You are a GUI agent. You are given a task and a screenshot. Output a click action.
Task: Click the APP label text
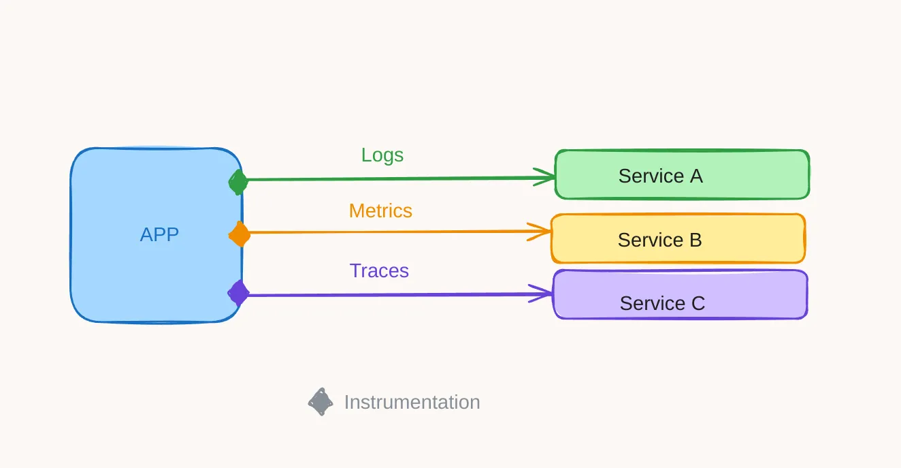point(159,234)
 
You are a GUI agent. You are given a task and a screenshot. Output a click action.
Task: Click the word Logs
point(382,155)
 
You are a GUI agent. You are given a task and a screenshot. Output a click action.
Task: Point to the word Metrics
point(380,211)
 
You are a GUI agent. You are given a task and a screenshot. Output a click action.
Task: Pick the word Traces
point(379,271)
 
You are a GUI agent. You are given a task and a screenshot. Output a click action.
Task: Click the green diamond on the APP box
point(237,182)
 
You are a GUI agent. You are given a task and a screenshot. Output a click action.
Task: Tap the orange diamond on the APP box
point(239,234)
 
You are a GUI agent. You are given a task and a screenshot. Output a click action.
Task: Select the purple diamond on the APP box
point(238,293)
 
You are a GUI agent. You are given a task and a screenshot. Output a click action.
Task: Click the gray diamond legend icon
point(321,402)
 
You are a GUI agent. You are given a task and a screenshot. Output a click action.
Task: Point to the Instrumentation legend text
point(412,403)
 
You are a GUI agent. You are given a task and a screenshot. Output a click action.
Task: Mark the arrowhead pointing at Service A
point(548,177)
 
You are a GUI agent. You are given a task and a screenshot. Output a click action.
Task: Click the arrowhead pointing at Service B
point(543,232)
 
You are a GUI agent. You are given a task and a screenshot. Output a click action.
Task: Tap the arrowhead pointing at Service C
point(544,294)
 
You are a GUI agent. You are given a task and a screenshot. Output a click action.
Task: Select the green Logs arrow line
point(395,179)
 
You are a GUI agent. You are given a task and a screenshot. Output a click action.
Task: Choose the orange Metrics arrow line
point(395,232)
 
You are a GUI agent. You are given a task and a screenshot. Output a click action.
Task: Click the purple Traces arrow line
point(395,294)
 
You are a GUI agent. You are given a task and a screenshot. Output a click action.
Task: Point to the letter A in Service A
point(695,176)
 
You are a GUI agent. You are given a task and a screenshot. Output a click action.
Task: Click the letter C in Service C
point(698,303)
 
